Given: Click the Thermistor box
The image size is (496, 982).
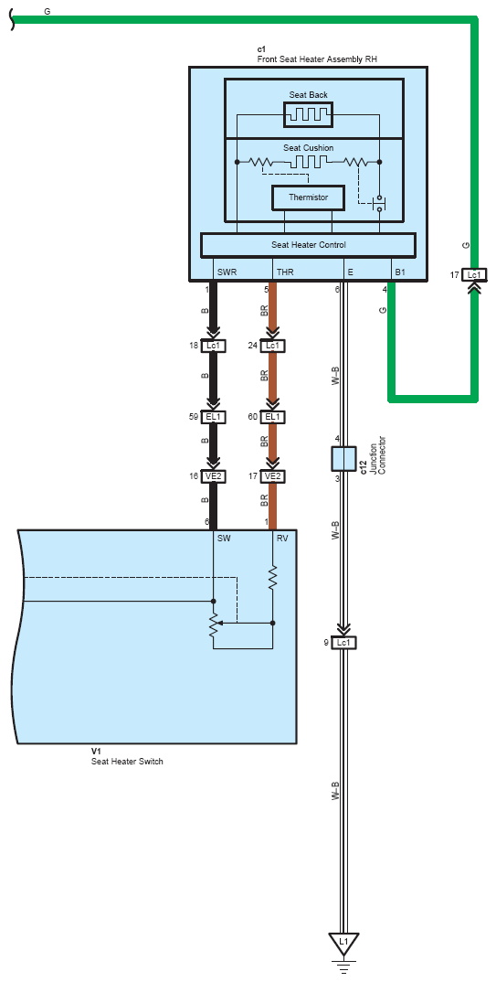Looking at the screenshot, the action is click(x=308, y=197).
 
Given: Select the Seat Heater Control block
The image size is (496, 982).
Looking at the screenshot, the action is click(x=308, y=245).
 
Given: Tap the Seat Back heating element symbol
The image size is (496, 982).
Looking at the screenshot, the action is click(x=308, y=114).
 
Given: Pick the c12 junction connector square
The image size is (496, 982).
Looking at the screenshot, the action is click(x=343, y=458).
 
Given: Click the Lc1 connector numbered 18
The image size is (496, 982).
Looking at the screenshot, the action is click(x=213, y=346).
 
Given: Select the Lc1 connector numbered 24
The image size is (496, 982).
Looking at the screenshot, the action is click(x=272, y=346).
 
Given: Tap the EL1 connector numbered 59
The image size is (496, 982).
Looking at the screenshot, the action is click(x=213, y=417).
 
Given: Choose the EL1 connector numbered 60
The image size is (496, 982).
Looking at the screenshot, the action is click(x=272, y=417).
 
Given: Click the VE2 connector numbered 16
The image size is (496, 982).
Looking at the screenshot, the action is click(x=213, y=476).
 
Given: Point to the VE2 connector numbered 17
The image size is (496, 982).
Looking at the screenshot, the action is click(x=272, y=476).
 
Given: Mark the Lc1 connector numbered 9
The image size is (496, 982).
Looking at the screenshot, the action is click(x=343, y=643).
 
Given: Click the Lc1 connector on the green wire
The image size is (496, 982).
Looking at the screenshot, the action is click(x=474, y=274).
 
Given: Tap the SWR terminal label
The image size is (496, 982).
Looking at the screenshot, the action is click(x=227, y=272).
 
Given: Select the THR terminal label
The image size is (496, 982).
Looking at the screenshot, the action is click(x=285, y=272).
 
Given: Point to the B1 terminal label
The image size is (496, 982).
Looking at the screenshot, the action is click(x=401, y=272).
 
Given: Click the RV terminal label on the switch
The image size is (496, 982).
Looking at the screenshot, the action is click(x=282, y=538).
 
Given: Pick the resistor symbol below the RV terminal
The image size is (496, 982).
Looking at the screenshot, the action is click(x=273, y=578).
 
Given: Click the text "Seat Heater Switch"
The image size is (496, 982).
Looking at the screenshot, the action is click(x=127, y=762).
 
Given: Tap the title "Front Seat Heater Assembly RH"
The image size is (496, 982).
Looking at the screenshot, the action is click(x=317, y=59).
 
